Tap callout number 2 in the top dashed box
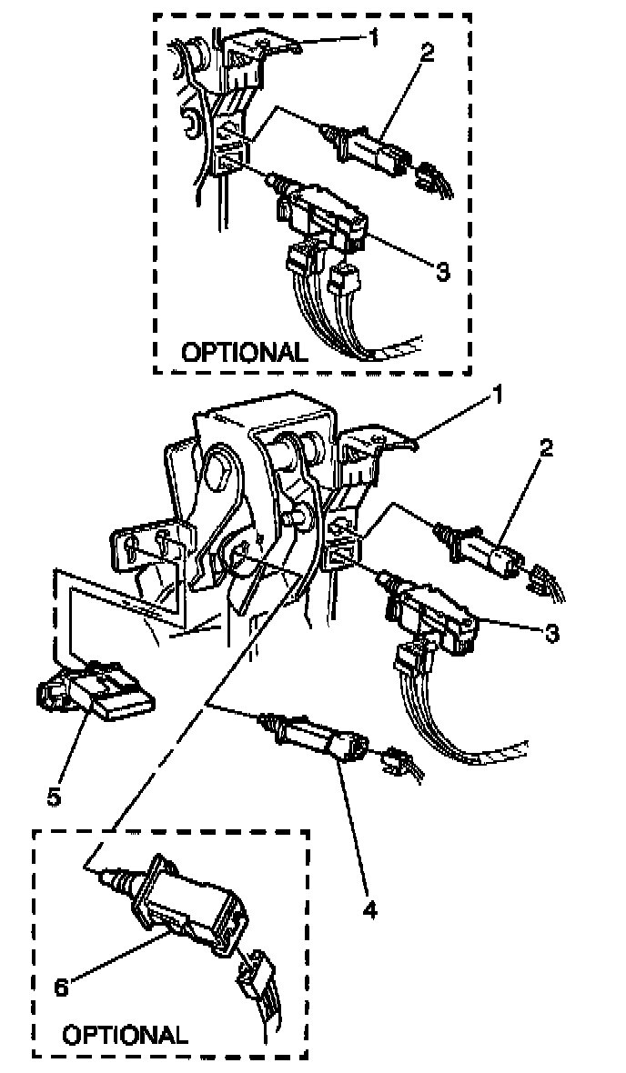[427, 53]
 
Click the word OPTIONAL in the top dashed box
[246, 352]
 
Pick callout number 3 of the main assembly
[552, 633]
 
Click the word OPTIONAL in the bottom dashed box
[125, 1034]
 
